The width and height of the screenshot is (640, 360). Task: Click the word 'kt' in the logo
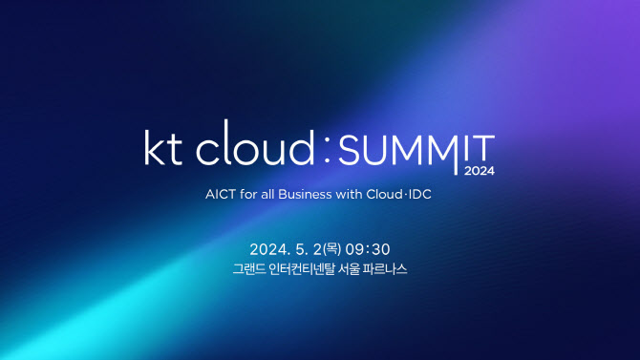click(x=162, y=147)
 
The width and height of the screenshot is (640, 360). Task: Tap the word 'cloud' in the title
click(x=255, y=142)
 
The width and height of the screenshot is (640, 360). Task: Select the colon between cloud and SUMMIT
click(x=327, y=149)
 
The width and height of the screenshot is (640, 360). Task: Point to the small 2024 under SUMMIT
click(x=480, y=171)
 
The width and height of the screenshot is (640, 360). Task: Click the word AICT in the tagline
click(x=221, y=194)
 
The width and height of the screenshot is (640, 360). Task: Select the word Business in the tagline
click(x=305, y=194)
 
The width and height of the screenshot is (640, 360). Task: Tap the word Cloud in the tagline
click(x=385, y=194)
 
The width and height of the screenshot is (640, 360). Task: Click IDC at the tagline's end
click(x=420, y=194)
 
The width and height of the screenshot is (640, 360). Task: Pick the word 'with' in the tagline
click(x=349, y=194)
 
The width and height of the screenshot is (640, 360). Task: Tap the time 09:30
click(x=368, y=249)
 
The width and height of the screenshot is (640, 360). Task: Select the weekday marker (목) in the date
click(x=331, y=249)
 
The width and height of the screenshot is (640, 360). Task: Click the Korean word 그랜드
click(x=249, y=269)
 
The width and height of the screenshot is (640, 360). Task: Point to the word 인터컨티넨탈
click(x=302, y=269)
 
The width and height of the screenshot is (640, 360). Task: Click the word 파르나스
click(x=385, y=269)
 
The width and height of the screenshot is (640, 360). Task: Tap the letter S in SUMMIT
click(x=348, y=150)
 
